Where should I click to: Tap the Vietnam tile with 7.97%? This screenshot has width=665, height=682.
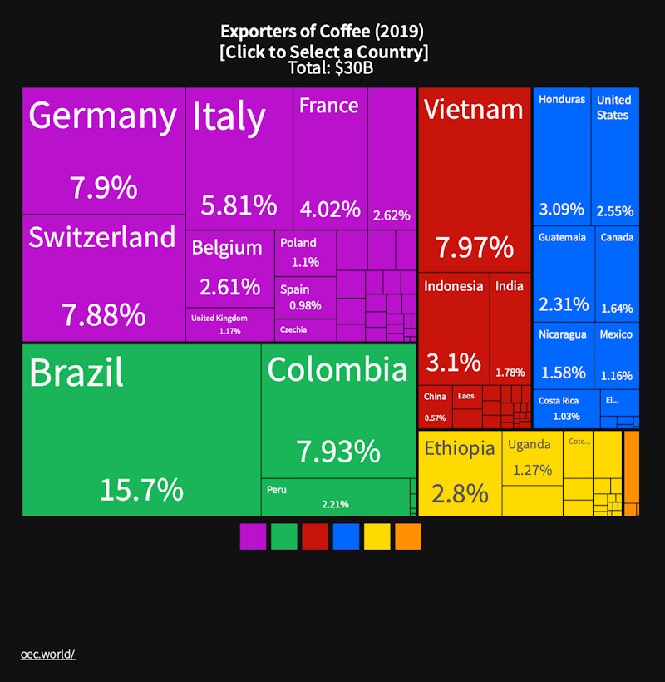[x=475, y=179]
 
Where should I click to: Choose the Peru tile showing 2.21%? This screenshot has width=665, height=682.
[x=336, y=497]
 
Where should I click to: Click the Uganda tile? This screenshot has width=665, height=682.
[x=532, y=457]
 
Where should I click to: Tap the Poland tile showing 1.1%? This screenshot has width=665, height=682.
[x=305, y=253]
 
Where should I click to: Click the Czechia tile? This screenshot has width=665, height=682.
[x=304, y=330]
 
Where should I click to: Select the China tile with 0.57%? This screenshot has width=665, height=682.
[x=435, y=407]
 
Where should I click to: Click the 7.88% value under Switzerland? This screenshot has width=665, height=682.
[x=104, y=315]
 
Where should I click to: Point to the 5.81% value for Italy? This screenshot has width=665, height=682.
[x=239, y=205]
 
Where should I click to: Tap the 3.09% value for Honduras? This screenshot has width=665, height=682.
[x=561, y=209]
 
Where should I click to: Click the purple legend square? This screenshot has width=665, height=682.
[x=253, y=536]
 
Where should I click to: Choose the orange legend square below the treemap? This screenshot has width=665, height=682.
[x=408, y=536]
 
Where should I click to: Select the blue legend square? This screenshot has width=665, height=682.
[x=346, y=536]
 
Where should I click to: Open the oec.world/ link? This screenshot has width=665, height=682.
[x=48, y=654]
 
